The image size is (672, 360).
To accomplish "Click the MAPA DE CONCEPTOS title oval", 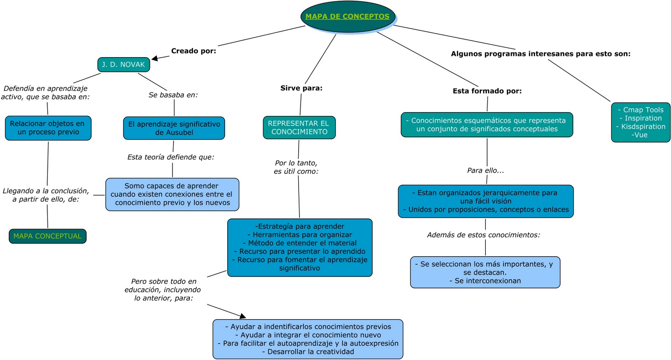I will pos(348,17).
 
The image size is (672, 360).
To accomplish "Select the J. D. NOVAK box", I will pos(123,65).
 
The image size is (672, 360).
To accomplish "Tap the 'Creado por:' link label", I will pos(194,51).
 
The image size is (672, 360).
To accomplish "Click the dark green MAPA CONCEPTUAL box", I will pos(47,236).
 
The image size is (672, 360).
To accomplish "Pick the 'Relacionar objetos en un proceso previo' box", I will pos(48,128).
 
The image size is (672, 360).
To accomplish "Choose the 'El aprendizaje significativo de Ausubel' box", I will pos(174,128).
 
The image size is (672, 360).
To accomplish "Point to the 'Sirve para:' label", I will pos(301,88).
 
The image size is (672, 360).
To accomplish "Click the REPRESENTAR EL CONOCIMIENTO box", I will pos(299,128).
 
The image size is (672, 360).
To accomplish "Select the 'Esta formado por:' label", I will pos(487,91).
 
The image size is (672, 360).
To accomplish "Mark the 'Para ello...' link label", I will pos(485,171).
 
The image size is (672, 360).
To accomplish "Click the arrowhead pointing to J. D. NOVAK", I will pos(155,58).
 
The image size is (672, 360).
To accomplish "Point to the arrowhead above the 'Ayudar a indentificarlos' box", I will pos(242,315).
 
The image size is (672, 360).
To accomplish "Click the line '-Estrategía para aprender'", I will pos(299,226).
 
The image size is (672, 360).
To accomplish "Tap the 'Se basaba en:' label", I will pos(173,95).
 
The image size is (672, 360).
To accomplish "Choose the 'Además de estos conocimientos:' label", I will pos(483,235).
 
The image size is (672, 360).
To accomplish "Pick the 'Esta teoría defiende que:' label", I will pos(171,157).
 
